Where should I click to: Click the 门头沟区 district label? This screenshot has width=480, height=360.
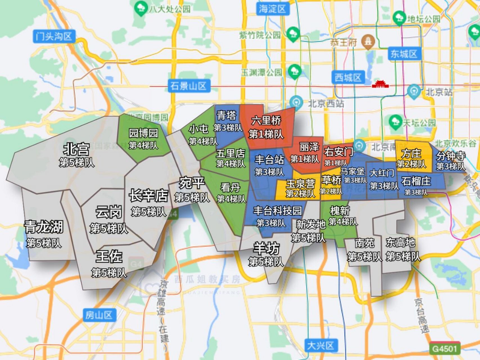[54, 37]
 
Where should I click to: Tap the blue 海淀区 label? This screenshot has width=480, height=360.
[272, 9]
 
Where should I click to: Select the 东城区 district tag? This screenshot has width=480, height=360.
[404, 54]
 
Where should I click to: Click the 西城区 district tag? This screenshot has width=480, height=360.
[348, 77]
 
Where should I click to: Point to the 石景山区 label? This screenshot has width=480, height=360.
[188, 86]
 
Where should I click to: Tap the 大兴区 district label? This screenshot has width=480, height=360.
[320, 345]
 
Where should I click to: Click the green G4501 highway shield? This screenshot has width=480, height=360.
[445, 349]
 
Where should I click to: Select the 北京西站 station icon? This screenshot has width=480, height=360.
[296, 102]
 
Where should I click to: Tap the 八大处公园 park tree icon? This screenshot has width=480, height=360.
[140, 8]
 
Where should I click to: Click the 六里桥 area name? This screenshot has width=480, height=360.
[266, 120]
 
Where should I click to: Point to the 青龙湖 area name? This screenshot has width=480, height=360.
[44, 227]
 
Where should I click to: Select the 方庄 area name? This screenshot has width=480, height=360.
[411, 154]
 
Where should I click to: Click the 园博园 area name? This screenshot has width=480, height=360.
[143, 133]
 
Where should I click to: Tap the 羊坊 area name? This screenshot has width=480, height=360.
[266, 248]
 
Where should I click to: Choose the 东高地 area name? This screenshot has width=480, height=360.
[400, 242]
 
